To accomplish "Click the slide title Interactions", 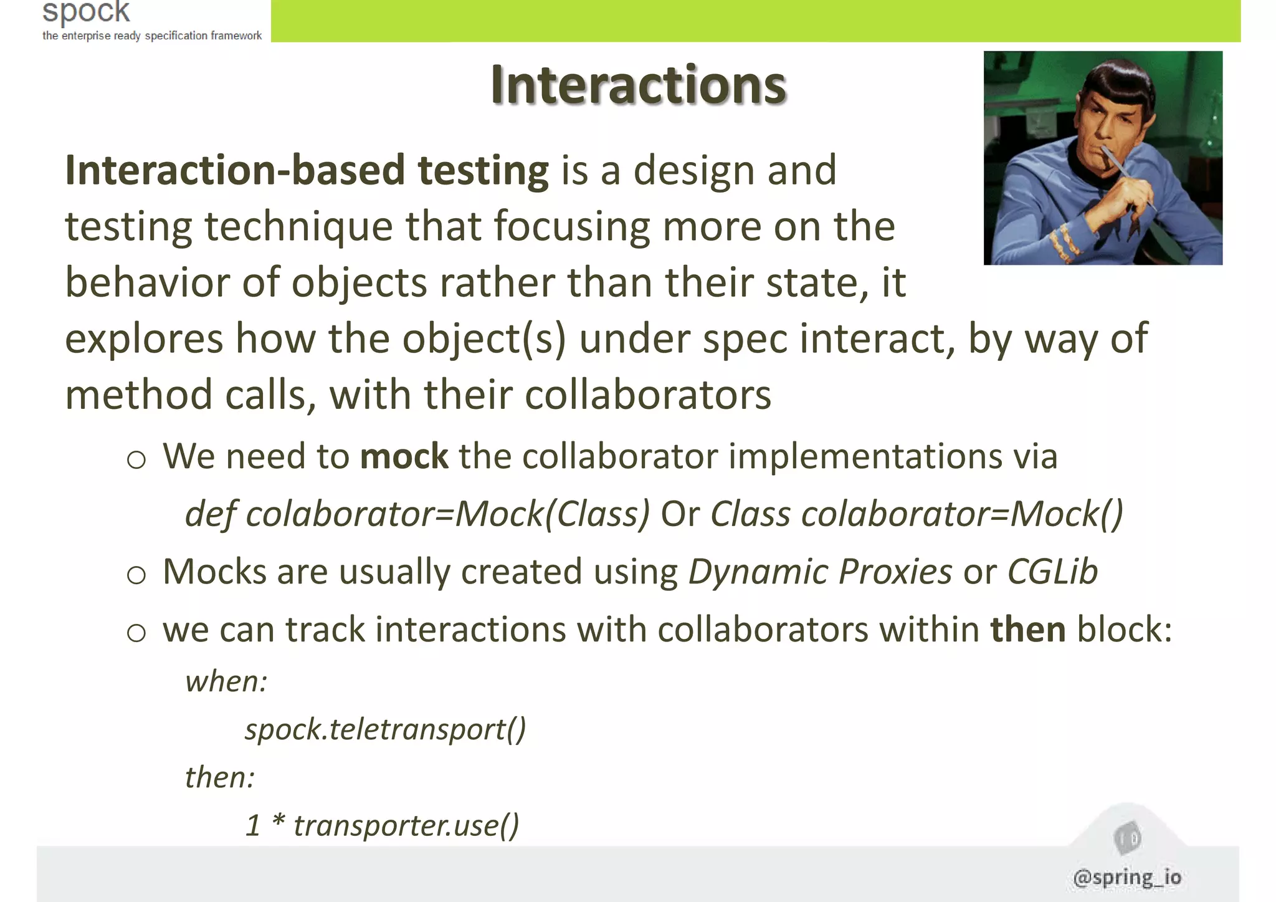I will tap(638, 85).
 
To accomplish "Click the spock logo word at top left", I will tap(86, 11).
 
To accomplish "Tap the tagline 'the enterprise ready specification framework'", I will tap(152, 36).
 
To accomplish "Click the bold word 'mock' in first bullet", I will tap(404, 456).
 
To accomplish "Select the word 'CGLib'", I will tap(1052, 571).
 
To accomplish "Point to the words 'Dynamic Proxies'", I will tap(820, 571).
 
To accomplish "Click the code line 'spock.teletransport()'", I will tap(385, 729).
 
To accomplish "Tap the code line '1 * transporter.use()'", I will tap(382, 825).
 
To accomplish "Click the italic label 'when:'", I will tap(226, 681).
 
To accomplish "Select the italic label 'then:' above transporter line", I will tap(219, 777).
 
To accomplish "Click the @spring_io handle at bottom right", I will tap(1127, 877).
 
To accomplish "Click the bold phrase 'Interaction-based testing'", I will tap(307, 170).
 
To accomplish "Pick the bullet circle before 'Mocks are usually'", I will tap(136, 575).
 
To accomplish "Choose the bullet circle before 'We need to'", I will tap(136, 460).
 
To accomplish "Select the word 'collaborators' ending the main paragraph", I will tap(648, 395).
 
